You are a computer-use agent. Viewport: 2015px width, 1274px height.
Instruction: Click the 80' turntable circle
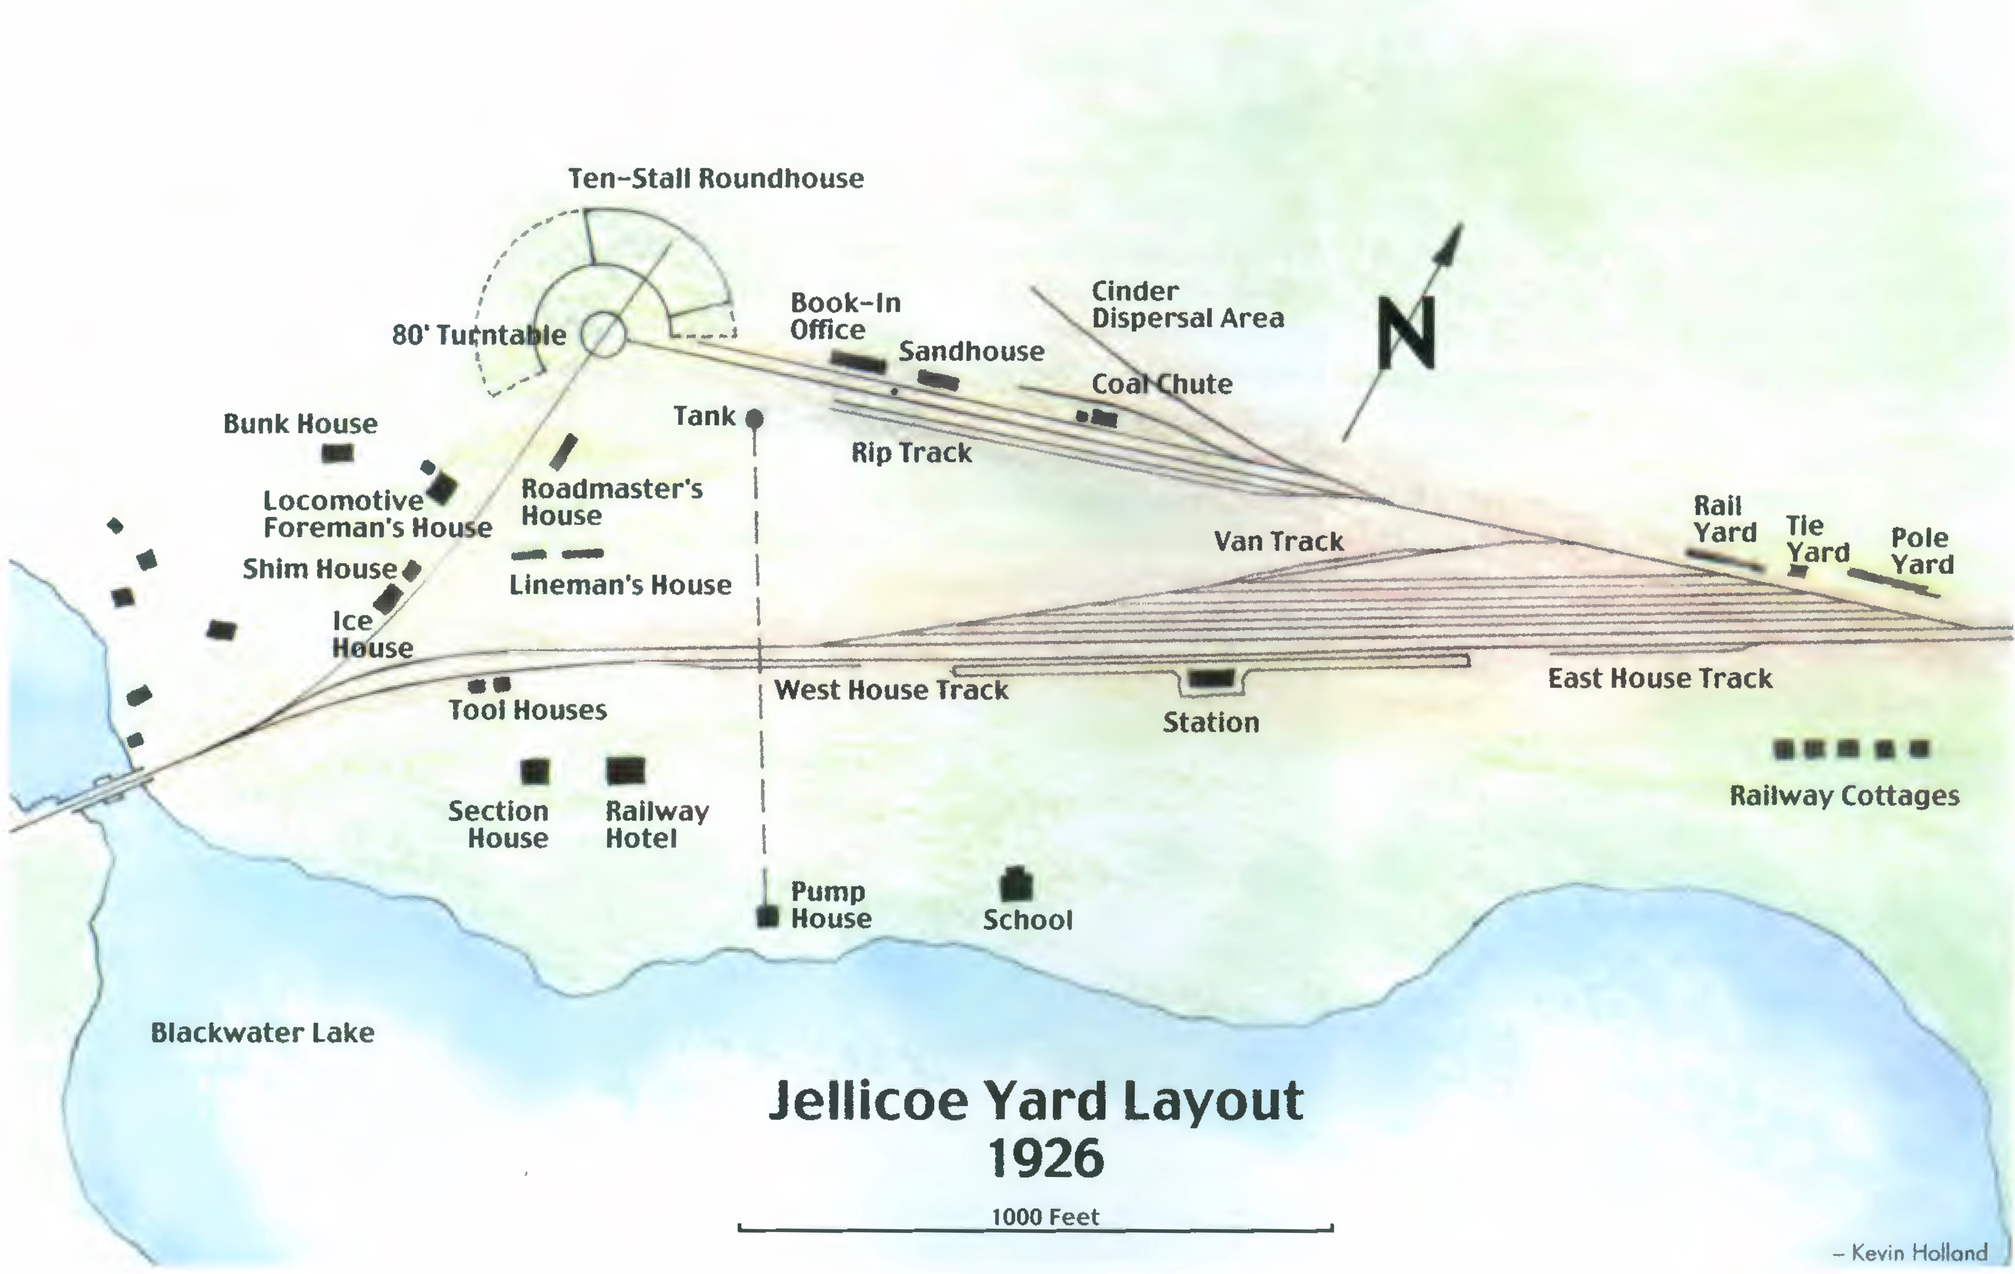pyautogui.click(x=603, y=335)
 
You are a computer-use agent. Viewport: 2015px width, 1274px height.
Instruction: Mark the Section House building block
pyautogui.click(x=535, y=771)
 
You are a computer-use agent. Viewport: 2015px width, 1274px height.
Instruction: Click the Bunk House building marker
pyautogui.click(x=337, y=453)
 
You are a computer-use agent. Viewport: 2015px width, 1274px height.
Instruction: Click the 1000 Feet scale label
pyautogui.click(x=1045, y=1217)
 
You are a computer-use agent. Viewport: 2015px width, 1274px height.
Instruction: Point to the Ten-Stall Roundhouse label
pyautogui.click(x=715, y=178)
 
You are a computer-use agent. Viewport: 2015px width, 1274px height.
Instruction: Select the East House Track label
pyautogui.click(x=1659, y=678)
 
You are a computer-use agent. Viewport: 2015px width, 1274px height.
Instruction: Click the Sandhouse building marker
pyautogui.click(x=938, y=381)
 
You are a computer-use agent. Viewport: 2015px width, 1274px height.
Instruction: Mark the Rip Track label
pyautogui.click(x=911, y=453)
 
